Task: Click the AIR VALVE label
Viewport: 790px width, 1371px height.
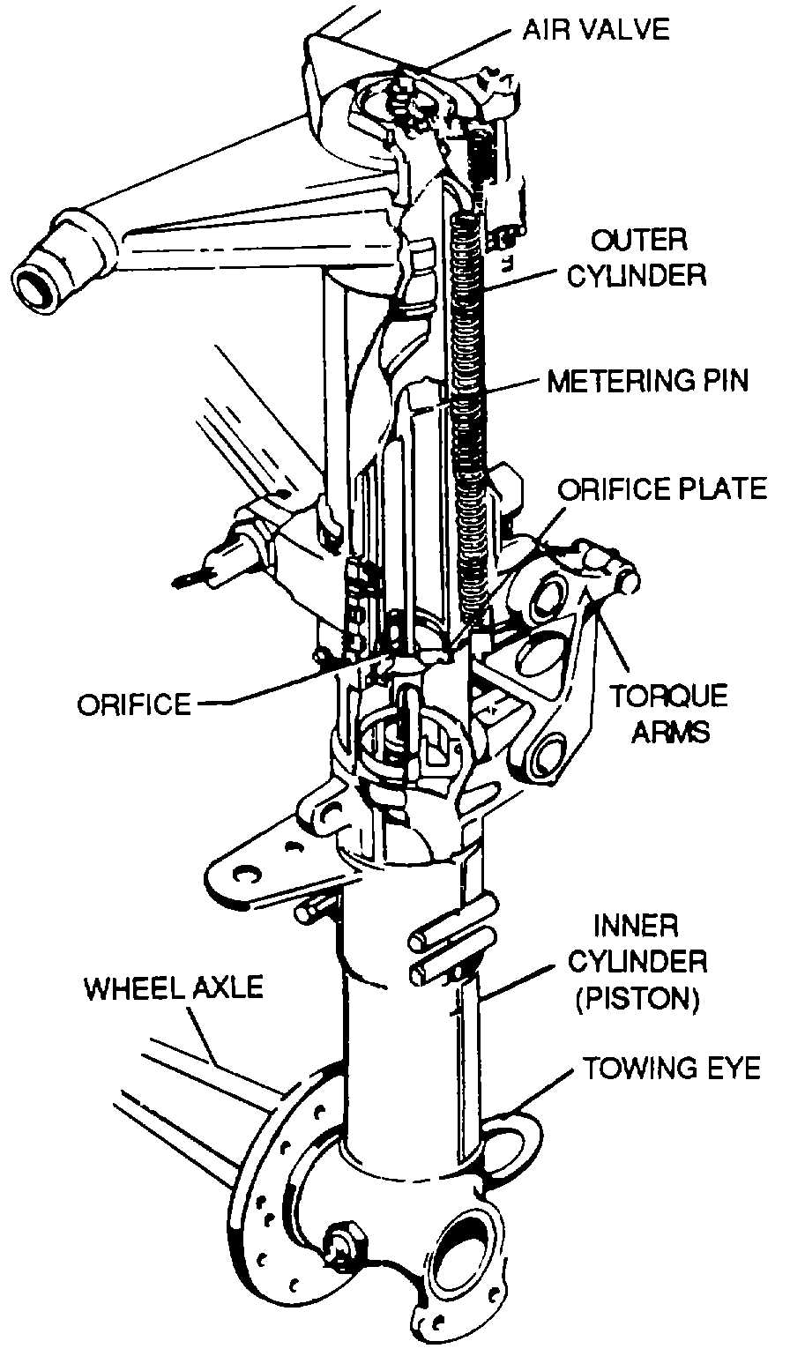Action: tap(596, 29)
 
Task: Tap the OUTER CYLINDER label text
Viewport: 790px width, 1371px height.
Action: tap(636, 257)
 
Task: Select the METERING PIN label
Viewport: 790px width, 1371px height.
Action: tap(647, 381)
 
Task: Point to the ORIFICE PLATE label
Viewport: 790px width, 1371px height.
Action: tap(663, 488)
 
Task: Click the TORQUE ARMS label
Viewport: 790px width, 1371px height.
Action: tap(671, 713)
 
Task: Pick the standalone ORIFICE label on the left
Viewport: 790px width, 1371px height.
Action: tap(134, 704)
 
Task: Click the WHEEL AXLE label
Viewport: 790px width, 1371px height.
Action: tap(174, 987)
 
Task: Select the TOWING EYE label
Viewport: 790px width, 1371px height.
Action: tap(670, 1069)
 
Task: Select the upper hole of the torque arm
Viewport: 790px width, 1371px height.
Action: tap(548, 598)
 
